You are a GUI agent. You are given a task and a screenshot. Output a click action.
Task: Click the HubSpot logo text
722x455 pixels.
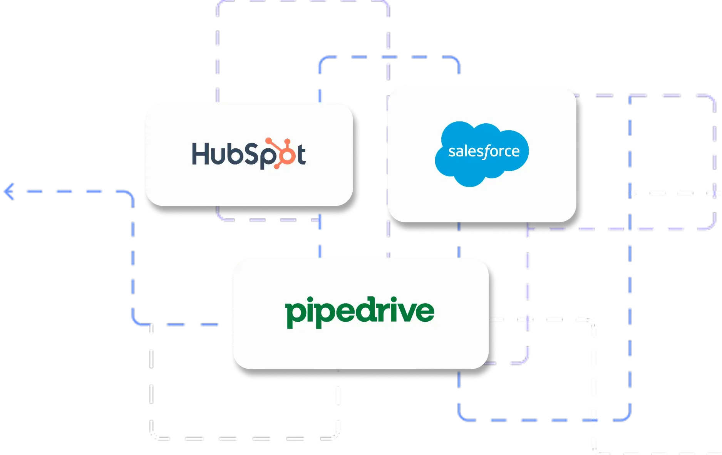(x=248, y=154)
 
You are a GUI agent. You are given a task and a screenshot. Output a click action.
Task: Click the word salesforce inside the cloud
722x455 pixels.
(x=484, y=151)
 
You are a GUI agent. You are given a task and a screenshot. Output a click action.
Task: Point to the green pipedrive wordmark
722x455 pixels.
(x=360, y=311)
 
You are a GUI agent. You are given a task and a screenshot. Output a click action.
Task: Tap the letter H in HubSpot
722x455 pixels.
(x=200, y=154)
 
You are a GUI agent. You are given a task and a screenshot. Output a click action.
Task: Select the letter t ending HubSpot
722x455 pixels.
(x=301, y=154)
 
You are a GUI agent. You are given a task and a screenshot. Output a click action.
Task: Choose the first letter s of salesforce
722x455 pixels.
(x=452, y=152)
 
